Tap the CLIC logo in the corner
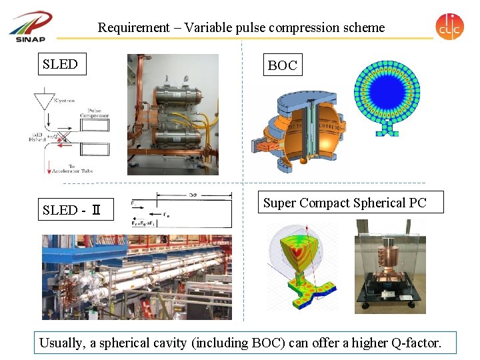tap(449, 27)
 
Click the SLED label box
tap(61, 65)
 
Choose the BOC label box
tap(282, 65)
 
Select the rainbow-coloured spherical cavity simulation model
tap(301, 267)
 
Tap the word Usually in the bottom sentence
tap(63, 343)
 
